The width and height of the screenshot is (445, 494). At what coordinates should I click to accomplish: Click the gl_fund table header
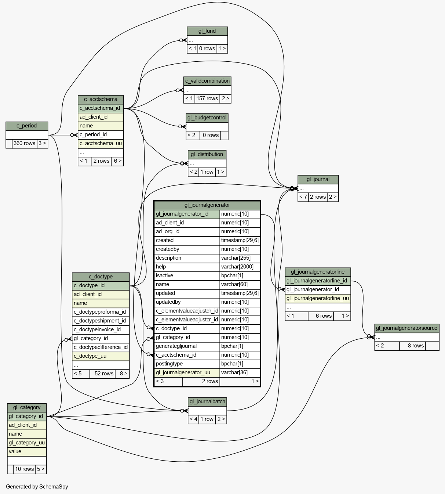[207, 31]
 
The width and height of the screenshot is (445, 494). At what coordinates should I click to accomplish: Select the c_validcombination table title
[207, 81]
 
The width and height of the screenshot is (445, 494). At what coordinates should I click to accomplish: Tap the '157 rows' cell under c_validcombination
[207, 99]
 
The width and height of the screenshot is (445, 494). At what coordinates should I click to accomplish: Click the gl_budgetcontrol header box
[207, 118]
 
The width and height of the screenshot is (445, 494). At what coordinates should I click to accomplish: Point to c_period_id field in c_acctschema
[101, 135]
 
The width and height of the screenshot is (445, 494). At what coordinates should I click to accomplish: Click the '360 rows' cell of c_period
[24, 144]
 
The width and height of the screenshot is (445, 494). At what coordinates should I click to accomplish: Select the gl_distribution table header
[207, 155]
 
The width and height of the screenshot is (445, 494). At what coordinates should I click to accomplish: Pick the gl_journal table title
[318, 180]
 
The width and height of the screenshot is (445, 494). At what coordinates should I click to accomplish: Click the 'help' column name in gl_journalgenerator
[161, 267]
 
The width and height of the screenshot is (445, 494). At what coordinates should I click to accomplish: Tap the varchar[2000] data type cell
[240, 267]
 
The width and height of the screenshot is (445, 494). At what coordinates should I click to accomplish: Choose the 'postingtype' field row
[207, 364]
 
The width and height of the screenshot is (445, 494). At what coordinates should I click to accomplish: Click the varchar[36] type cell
[240, 373]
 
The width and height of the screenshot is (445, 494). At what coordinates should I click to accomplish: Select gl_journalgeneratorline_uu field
[318, 299]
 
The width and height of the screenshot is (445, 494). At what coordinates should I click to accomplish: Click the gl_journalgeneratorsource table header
[407, 328]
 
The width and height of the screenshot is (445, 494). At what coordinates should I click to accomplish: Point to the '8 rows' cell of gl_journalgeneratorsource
[412, 346]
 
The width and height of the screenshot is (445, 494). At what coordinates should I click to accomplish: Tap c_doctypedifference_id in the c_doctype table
[101, 347]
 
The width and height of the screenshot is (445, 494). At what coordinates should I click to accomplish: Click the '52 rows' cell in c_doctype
[102, 374]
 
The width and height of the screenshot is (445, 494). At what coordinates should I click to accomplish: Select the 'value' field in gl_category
[27, 452]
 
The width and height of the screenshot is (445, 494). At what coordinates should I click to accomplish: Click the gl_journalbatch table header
[207, 402]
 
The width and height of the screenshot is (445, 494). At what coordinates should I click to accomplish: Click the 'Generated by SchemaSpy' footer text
[37, 487]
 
